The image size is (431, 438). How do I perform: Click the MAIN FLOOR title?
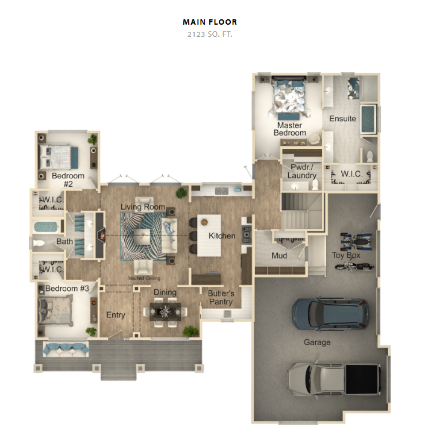click(x=210, y=22)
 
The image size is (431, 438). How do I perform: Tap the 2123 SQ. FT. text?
click(x=210, y=34)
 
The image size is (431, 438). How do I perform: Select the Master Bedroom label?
click(x=290, y=129)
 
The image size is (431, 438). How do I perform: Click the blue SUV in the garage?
click(x=331, y=313)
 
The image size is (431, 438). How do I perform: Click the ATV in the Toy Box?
click(x=356, y=242)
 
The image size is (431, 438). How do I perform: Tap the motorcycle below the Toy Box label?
click(x=354, y=266)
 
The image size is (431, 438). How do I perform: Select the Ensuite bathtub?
click(x=368, y=119)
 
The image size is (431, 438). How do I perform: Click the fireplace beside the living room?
click(x=101, y=235)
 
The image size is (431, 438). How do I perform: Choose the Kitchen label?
click(x=222, y=236)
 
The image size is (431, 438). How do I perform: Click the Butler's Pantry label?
click(x=221, y=298)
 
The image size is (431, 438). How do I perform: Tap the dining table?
click(x=165, y=311)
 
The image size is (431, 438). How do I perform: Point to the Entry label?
click(x=116, y=315)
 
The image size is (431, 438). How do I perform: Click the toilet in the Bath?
click(x=39, y=243)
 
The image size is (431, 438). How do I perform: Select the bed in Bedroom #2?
click(x=58, y=157)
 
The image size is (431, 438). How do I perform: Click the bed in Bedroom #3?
click(x=55, y=311)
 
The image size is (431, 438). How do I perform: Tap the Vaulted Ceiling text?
click(x=144, y=278)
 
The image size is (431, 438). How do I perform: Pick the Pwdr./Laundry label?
click(x=302, y=171)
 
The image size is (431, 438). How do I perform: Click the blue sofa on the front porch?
click(x=66, y=349)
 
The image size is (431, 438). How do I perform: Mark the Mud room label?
click(x=279, y=255)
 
